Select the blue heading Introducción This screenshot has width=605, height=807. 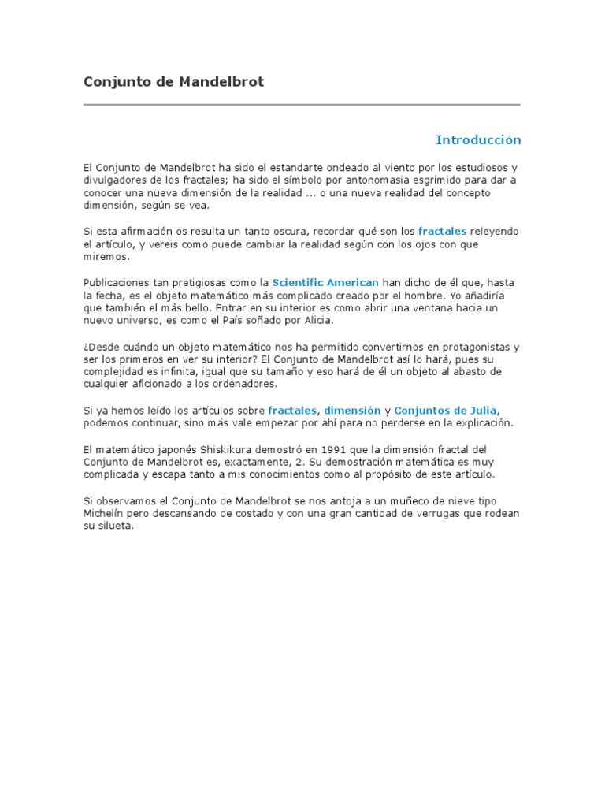click(478, 140)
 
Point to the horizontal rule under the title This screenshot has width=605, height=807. click(302, 104)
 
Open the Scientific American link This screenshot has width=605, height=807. click(325, 282)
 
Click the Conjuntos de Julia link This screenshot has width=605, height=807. click(446, 411)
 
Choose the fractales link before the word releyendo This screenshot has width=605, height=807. click(442, 232)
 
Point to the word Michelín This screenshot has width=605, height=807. click(105, 514)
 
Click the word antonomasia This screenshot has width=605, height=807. click(327, 180)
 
